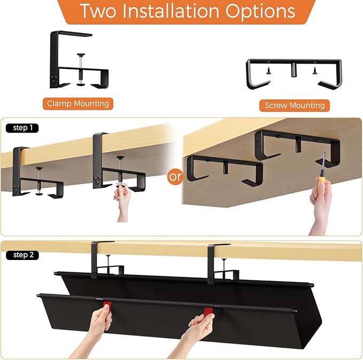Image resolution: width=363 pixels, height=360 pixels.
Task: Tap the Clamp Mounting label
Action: pyautogui.click(x=78, y=103)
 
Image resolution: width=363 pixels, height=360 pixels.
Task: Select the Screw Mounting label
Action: pyautogui.click(x=295, y=105)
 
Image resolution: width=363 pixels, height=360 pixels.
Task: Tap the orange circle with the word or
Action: pyautogui.click(x=175, y=177)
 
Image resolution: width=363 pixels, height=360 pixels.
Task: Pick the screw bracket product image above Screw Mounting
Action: pyautogui.click(x=295, y=72)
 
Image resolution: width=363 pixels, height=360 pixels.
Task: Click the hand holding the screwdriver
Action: pyautogui.click(x=321, y=206)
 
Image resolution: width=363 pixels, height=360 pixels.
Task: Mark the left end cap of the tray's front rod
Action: pyautogui.click(x=39, y=295)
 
